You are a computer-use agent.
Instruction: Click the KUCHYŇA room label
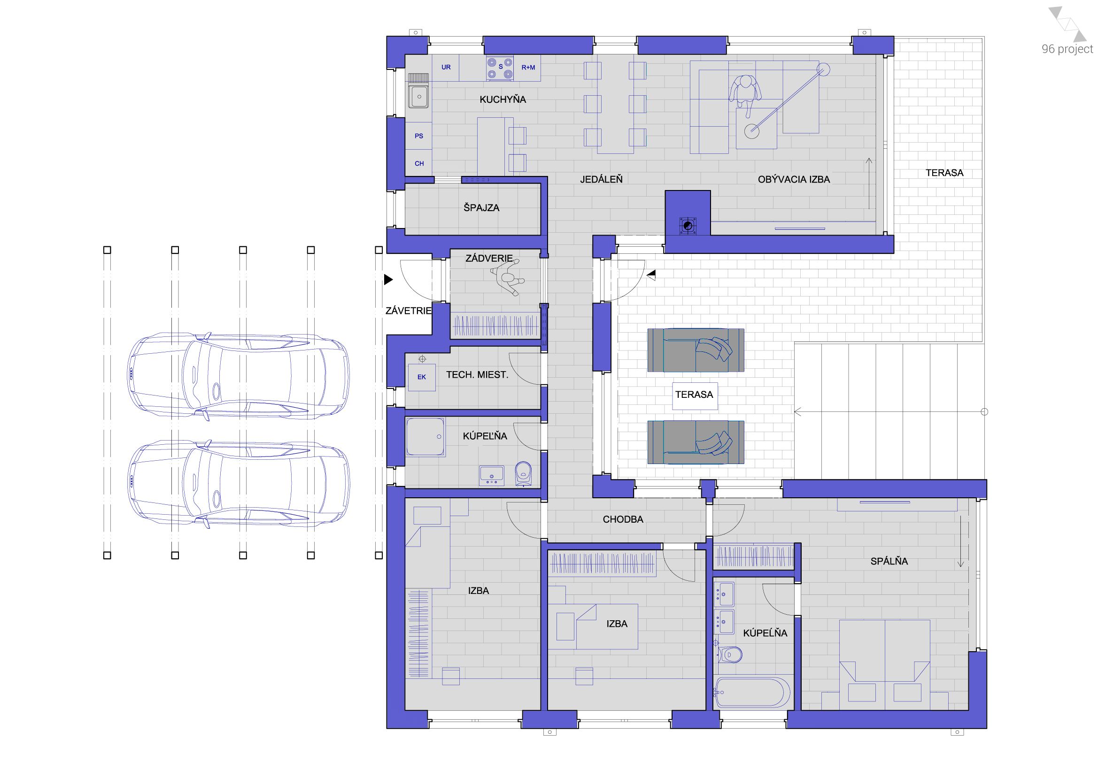[503, 99]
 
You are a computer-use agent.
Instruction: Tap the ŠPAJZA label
[481, 207]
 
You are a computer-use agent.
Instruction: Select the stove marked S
[500, 68]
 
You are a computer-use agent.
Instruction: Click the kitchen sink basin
[418, 97]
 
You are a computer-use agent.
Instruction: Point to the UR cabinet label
[446, 68]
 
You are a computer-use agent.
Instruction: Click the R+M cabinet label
[528, 68]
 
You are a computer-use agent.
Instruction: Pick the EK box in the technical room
[421, 377]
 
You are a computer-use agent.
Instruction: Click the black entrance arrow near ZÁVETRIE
[388, 280]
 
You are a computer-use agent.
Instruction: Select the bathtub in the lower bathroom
[751, 692]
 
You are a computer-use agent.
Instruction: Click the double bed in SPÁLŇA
[884, 664]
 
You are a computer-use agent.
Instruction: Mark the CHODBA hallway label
[623, 519]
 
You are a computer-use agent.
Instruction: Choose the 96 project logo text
[1067, 49]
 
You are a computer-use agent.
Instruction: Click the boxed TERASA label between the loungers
[694, 395]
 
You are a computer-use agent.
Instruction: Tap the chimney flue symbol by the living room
[688, 226]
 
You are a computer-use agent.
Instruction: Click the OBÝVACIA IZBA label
[793, 179]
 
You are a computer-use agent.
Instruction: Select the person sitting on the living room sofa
[744, 94]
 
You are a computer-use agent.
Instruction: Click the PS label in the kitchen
[419, 136]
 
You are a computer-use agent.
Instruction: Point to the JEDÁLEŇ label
[601, 179]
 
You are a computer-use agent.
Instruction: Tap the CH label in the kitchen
[419, 163]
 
